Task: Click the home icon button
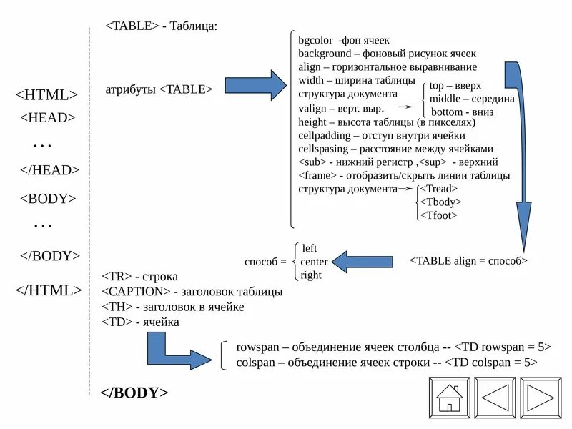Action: [x=449, y=397]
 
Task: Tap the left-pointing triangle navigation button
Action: [x=495, y=397]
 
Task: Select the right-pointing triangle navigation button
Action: [x=541, y=397]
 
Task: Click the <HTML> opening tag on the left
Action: [x=46, y=95]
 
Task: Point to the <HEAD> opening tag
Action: [x=47, y=118]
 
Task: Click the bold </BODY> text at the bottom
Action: [x=134, y=393]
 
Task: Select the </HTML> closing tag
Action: [x=49, y=290]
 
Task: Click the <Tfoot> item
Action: [x=438, y=215]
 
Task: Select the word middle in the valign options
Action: [x=445, y=99]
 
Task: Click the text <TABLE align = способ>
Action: [x=468, y=261]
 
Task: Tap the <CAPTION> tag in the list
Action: [x=136, y=292]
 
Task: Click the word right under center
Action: [x=311, y=275]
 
